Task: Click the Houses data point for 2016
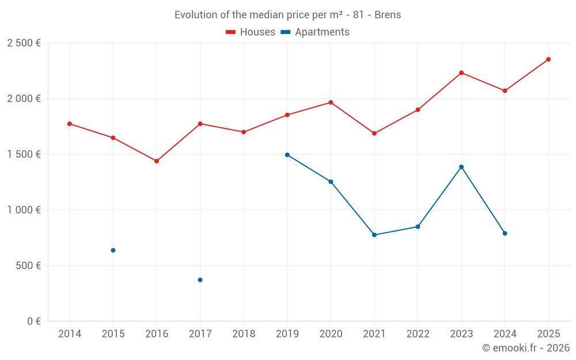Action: [157, 161]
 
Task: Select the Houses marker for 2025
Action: [548, 59]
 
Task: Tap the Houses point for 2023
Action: [461, 73]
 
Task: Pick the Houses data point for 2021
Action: [374, 134]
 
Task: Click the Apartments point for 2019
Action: [287, 155]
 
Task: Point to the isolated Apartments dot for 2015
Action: [113, 251]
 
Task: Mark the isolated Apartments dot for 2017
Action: [200, 280]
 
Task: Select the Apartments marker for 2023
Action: [461, 167]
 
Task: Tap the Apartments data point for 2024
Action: [505, 233]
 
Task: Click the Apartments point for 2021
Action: [374, 235]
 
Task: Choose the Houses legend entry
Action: [251, 32]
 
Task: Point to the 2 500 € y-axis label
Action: [24, 43]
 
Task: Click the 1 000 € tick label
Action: [24, 210]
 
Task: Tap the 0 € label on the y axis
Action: [33, 321]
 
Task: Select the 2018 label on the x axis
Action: [244, 334]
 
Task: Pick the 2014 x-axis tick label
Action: [70, 334]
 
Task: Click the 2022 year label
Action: [418, 334]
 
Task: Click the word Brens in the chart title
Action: [388, 15]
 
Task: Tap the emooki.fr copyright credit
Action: [525, 348]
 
